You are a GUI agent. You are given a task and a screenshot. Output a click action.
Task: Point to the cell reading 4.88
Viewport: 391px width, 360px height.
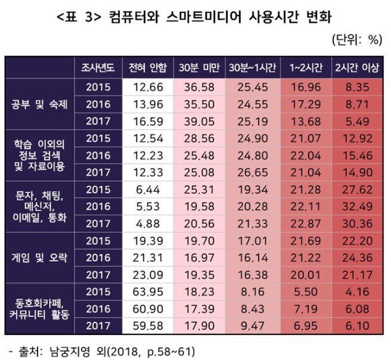(x=147, y=225)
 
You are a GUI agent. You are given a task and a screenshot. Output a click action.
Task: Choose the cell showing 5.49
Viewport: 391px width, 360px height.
(x=356, y=121)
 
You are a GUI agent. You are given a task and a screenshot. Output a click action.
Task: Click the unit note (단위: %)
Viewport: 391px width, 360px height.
(x=356, y=40)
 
